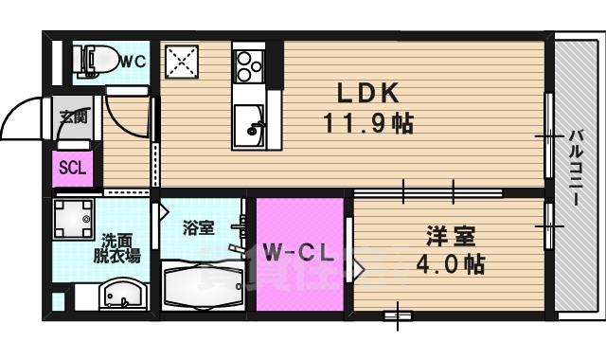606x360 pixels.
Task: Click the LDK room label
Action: coord(369,93)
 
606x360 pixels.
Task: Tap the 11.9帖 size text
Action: coord(369,123)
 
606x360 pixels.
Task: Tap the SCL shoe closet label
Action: coord(73,170)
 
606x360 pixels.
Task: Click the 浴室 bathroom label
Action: coord(199,227)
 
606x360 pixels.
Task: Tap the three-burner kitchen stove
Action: coord(250,64)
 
